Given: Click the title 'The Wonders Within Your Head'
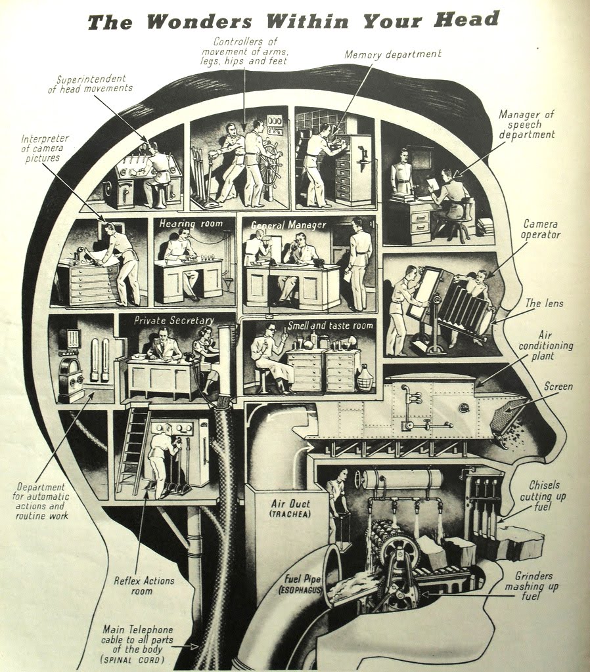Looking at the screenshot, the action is click(x=294, y=21).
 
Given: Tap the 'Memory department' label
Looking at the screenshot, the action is click(x=393, y=54).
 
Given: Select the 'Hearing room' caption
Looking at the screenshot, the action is click(x=191, y=223).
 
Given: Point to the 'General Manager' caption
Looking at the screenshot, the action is click(x=288, y=225).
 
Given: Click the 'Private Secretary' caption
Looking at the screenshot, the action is click(x=173, y=320).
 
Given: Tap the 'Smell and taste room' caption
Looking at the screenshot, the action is click(x=330, y=325).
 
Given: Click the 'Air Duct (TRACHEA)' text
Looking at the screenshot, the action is click(x=290, y=509).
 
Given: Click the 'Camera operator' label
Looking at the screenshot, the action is click(x=541, y=229).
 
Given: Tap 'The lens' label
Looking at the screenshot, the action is click(x=544, y=303).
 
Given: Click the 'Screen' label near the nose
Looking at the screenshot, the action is click(x=558, y=386).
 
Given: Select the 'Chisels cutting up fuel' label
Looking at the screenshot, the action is click(x=543, y=496).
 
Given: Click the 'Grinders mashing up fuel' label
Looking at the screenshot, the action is click(x=533, y=586).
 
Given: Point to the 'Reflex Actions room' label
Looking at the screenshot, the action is click(x=144, y=586).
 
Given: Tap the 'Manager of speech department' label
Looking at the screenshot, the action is click(x=526, y=124).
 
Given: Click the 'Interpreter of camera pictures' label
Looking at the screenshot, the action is click(x=45, y=148).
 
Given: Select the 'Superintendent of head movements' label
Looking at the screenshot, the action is click(x=91, y=83).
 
